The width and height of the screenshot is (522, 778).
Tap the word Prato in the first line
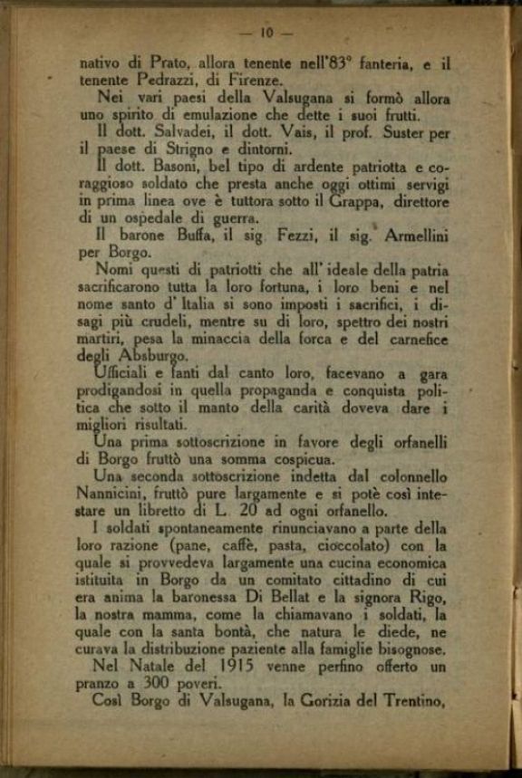[158, 64]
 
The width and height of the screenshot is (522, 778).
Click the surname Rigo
[429, 598]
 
